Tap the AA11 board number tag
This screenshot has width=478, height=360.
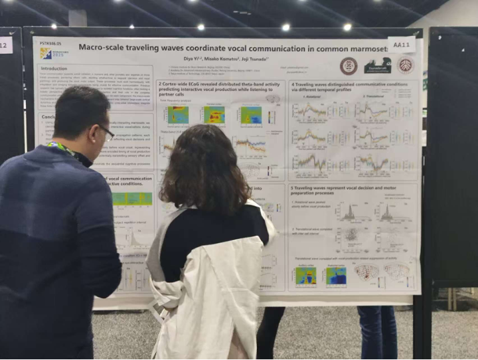tap(402, 45)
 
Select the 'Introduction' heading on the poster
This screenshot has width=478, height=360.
tap(54, 68)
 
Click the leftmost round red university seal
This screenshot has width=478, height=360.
tap(348, 65)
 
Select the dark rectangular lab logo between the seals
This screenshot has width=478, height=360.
tap(378, 65)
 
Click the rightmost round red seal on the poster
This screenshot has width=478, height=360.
tap(405, 65)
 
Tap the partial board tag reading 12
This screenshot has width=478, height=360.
tap(5, 45)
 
